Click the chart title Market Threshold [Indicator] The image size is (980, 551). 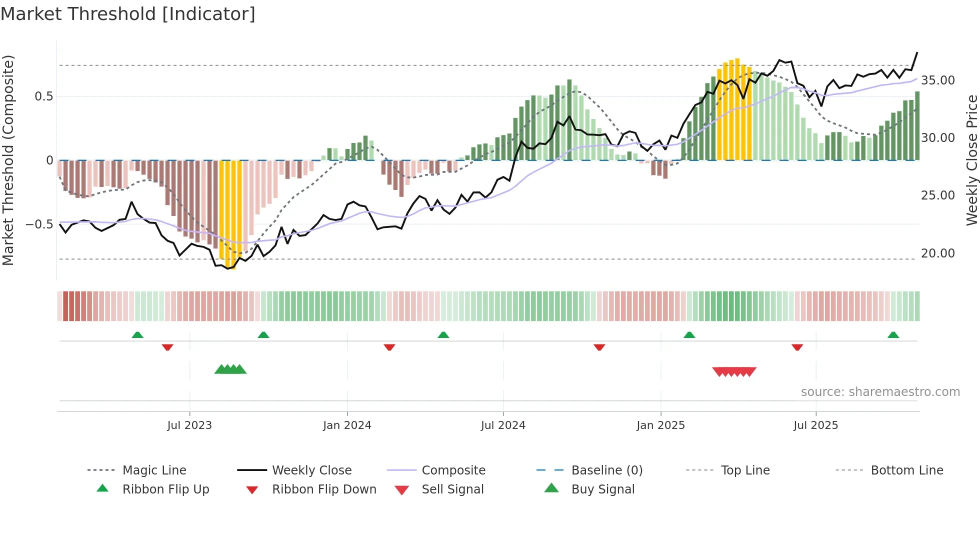(128, 14)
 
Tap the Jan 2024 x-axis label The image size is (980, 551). (347, 425)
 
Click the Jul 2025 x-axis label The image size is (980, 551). (815, 425)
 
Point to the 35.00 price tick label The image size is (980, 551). (937, 80)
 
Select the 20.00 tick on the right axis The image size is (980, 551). (937, 253)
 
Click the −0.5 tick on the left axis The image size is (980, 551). (39, 224)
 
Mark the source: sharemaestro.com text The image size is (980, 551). (880, 391)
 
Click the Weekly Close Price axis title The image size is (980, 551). (971, 160)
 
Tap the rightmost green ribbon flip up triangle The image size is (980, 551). (893, 335)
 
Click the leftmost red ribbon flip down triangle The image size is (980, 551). (167, 347)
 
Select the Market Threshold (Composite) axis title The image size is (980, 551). (8, 160)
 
